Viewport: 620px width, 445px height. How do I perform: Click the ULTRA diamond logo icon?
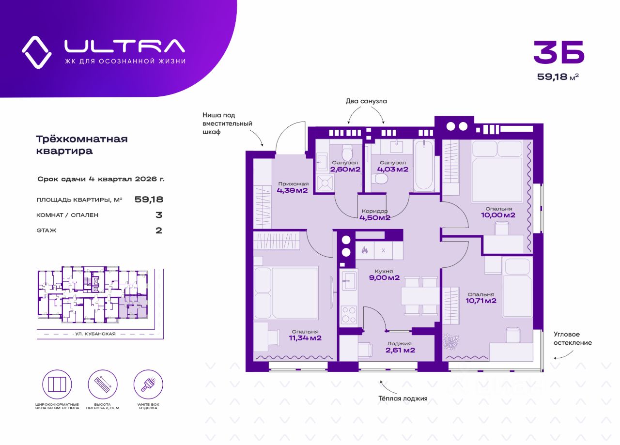point(36,52)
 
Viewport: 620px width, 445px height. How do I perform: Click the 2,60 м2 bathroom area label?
point(345,169)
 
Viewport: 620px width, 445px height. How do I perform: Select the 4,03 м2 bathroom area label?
point(393,169)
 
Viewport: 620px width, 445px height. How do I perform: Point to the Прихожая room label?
point(293,184)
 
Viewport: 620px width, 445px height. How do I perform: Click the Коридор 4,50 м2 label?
point(375,215)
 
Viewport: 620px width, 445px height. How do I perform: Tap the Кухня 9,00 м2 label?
point(383,275)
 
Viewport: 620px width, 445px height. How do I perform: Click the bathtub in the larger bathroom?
point(424,165)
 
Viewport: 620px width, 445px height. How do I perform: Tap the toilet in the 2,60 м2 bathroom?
point(347,153)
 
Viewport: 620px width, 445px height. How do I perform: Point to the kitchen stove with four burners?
point(348,315)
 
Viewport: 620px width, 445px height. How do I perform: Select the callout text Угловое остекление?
point(573,338)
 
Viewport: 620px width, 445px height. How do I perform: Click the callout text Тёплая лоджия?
point(403,399)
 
